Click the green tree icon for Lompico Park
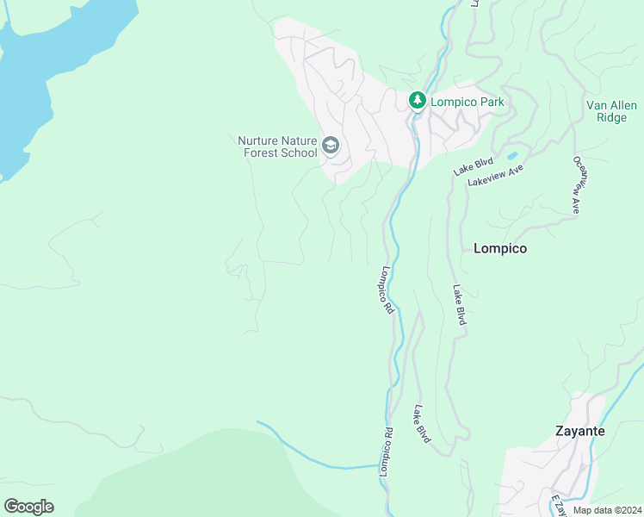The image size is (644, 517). tap(418, 102)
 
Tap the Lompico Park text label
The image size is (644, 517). tap(466, 102)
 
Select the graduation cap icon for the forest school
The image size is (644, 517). tap(331, 146)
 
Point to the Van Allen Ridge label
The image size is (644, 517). tap(611, 111)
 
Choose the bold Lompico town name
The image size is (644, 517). tap(500, 248)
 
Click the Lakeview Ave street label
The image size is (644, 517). tap(496, 176)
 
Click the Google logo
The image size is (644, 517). tap(29, 506)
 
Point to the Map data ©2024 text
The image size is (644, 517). tap(606, 510)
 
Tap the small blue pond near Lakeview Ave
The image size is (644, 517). tap(513, 156)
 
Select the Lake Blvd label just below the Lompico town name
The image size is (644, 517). tap(461, 305)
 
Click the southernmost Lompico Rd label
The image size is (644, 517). tap(386, 452)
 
